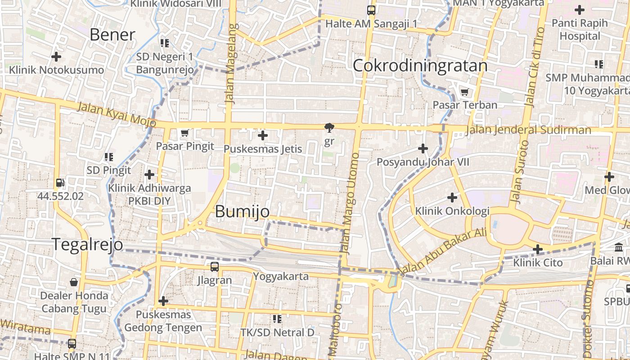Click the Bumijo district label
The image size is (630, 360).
(x=242, y=211)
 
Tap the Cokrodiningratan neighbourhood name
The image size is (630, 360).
(x=420, y=66)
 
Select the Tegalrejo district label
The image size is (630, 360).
(x=87, y=244)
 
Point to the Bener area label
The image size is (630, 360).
(x=112, y=35)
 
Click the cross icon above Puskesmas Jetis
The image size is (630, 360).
(x=263, y=135)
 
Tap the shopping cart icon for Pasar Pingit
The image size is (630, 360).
(x=184, y=133)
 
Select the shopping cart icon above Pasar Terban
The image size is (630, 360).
(x=464, y=92)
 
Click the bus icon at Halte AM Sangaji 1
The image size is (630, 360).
(x=371, y=10)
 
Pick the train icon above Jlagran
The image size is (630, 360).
(x=215, y=266)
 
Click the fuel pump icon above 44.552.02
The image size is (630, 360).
(x=60, y=183)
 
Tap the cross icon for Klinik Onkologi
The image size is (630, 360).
(x=452, y=197)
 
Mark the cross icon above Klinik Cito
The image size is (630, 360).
(x=537, y=249)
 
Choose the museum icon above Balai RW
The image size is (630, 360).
(x=619, y=247)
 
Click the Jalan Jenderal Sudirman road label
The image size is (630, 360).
(x=528, y=130)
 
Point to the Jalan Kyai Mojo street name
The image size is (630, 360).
(x=117, y=114)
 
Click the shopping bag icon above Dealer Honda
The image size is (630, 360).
(x=74, y=282)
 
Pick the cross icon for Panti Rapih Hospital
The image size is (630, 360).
(x=580, y=9)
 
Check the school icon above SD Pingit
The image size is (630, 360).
(x=108, y=157)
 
